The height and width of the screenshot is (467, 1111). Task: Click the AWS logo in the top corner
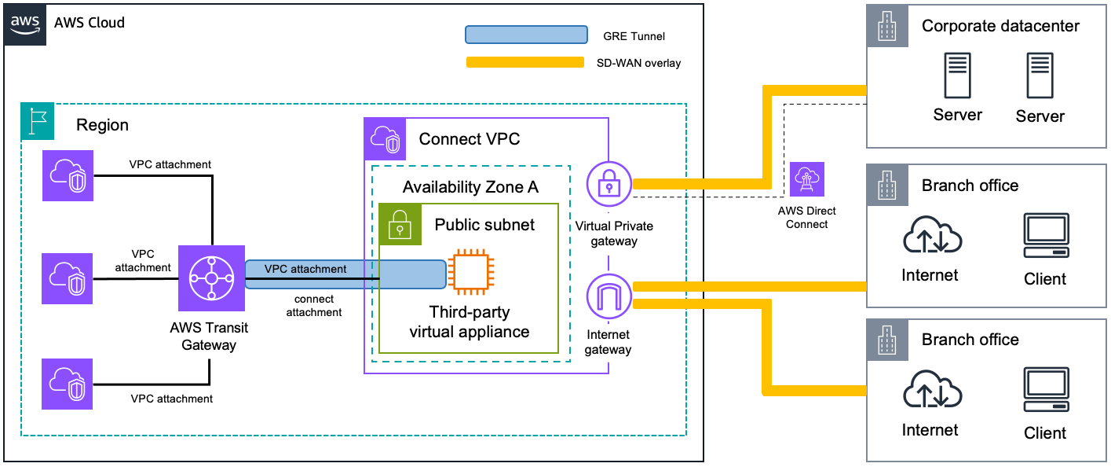tap(25, 24)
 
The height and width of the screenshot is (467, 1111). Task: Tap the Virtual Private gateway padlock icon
tap(608, 184)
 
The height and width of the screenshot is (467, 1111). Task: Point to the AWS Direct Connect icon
tap(807, 180)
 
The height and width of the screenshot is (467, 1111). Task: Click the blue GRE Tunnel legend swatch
tap(526, 35)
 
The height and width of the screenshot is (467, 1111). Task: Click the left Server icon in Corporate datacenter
tap(956, 76)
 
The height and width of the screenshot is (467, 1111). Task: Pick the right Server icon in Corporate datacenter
tap(1040, 76)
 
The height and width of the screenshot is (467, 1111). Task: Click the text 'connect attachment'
tap(314, 306)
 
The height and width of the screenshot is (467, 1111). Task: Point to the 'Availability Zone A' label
tap(470, 187)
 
